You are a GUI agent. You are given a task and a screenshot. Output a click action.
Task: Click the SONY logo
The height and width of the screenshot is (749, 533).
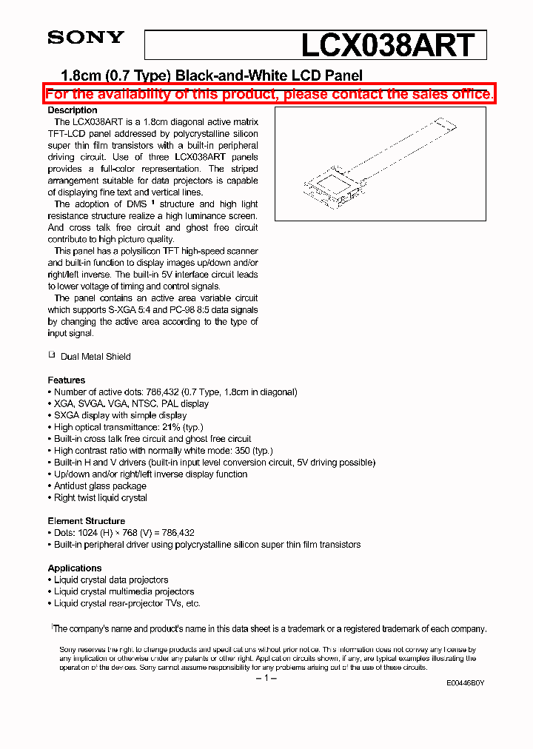(86, 38)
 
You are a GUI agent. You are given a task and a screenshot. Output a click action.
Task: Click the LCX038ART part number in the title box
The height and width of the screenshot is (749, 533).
(387, 45)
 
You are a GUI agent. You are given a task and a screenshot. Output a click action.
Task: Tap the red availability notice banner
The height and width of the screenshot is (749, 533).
(269, 94)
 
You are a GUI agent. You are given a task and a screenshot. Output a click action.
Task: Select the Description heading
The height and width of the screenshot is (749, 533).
(73, 110)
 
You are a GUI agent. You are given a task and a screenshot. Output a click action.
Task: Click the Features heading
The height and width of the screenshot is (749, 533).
(67, 380)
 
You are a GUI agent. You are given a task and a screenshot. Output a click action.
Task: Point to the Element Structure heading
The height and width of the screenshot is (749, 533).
(86, 521)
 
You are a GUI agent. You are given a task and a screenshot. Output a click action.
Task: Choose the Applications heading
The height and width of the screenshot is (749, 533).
(75, 568)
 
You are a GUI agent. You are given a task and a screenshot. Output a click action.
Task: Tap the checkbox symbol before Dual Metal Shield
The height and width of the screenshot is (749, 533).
(52, 355)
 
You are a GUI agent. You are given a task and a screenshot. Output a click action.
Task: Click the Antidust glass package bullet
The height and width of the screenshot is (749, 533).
(100, 486)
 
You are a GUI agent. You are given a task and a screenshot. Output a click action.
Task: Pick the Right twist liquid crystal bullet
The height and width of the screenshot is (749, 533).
(100, 498)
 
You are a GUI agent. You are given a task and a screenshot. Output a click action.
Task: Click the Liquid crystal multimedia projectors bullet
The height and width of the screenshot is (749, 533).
(124, 591)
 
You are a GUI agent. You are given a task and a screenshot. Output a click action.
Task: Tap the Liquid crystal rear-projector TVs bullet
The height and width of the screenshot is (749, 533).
(127, 603)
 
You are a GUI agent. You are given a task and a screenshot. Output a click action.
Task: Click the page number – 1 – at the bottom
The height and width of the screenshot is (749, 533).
(266, 679)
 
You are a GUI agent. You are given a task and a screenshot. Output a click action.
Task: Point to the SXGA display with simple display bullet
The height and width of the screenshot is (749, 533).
(120, 415)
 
